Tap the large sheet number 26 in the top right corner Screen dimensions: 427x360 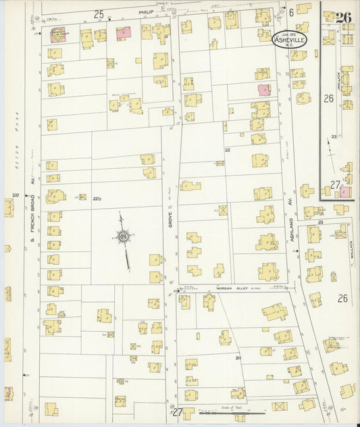(x=343, y=18)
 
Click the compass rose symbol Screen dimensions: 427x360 (x=124, y=236)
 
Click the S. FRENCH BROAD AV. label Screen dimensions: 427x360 (x=31, y=223)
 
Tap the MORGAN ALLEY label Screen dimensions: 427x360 (x=228, y=288)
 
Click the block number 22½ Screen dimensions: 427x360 (x=97, y=197)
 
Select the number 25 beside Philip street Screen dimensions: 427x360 (x=99, y=14)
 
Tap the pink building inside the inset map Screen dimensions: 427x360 (x=344, y=192)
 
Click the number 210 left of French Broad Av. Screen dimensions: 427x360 (x=15, y=195)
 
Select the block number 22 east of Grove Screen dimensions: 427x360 (x=228, y=150)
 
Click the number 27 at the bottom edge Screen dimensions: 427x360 (x=178, y=411)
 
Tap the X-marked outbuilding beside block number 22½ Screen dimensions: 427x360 (x=83, y=197)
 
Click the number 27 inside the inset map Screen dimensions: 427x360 (x=335, y=184)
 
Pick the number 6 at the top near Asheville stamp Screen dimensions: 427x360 (x=292, y=12)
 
